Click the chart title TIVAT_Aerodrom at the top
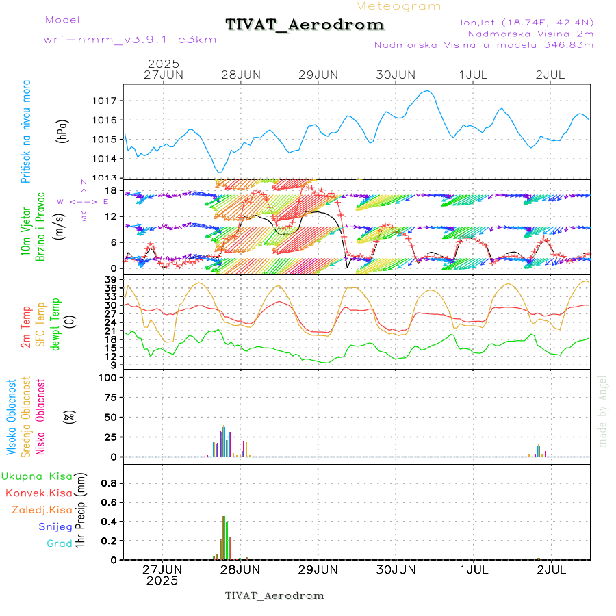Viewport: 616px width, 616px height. tap(305, 25)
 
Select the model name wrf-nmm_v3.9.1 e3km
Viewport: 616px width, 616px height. tap(130, 39)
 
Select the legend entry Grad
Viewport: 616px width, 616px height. tap(60, 543)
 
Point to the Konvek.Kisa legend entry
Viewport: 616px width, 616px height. tap(38, 493)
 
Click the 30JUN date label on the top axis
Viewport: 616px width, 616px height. tap(396, 74)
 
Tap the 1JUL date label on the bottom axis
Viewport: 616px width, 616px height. tap(474, 569)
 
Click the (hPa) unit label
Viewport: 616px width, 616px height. tap(62, 130)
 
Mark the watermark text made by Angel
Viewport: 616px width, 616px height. tap(603, 411)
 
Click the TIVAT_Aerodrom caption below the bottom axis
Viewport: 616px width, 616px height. tap(274, 595)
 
